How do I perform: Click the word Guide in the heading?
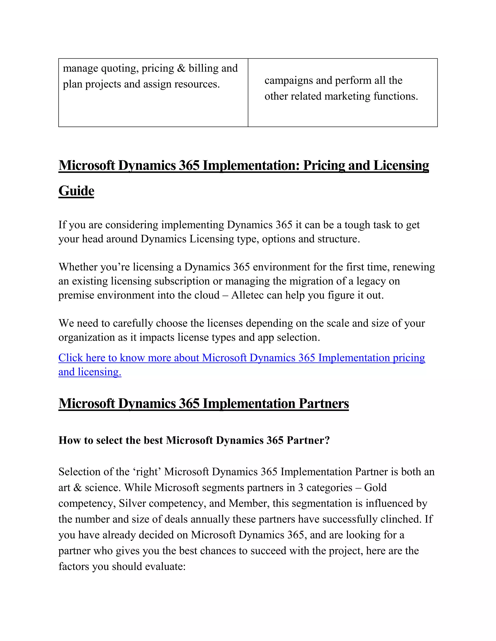click(76, 191)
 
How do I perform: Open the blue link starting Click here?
click(241, 358)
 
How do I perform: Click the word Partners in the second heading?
click(324, 403)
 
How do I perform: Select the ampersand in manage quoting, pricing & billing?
click(181, 68)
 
